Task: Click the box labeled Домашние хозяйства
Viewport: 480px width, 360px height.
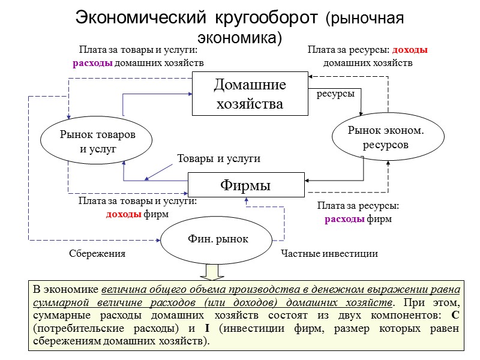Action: pyautogui.click(x=250, y=94)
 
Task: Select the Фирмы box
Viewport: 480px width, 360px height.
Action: pyautogui.click(x=246, y=184)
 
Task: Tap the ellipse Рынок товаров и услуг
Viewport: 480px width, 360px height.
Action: pyautogui.click(x=97, y=142)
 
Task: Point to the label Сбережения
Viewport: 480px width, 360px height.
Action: pyautogui.click(x=97, y=254)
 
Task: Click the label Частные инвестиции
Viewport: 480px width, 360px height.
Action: pyautogui.click(x=329, y=254)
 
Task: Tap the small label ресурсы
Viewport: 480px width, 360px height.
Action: pyautogui.click(x=335, y=94)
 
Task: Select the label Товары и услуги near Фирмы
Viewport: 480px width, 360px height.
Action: pyautogui.click(x=218, y=159)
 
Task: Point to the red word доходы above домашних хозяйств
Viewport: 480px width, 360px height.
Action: pyautogui.click(x=418, y=50)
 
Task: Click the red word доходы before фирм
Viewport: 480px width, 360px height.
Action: pyautogui.click(x=124, y=214)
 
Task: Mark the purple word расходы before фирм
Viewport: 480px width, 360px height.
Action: pyautogui.click(x=344, y=219)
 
